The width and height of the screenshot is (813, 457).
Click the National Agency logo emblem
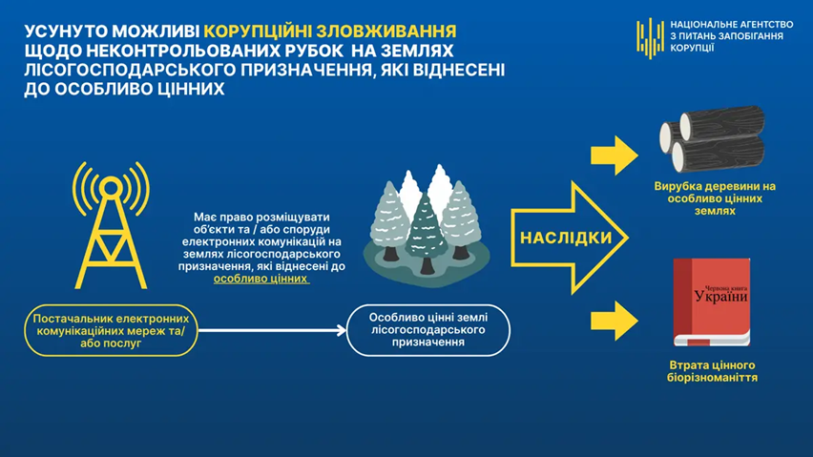(x=650, y=38)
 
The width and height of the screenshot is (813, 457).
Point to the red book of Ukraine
(x=711, y=302)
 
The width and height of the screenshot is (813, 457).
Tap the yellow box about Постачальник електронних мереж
(x=114, y=330)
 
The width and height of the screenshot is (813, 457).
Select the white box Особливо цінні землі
(x=429, y=330)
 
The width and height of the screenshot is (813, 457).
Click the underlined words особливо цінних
(x=261, y=280)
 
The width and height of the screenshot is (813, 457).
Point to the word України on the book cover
(x=720, y=298)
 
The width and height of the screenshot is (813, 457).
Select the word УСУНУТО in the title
(x=60, y=30)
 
